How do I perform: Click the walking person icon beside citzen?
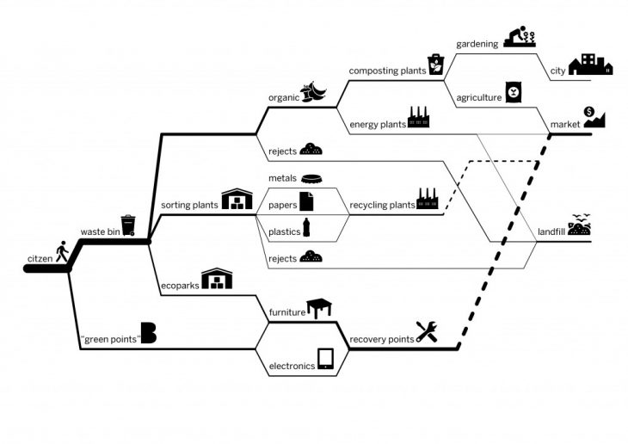pyautogui.click(x=61, y=253)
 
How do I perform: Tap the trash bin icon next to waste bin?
pyautogui.click(x=128, y=225)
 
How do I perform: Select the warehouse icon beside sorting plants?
pyautogui.click(x=237, y=200)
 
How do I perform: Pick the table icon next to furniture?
pyautogui.click(x=319, y=308)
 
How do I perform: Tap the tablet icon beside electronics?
pyautogui.click(x=326, y=359)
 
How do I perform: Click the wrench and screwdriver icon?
pyautogui.click(x=427, y=331)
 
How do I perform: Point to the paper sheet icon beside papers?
pyautogui.click(x=306, y=202)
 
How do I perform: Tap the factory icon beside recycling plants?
pyautogui.click(x=428, y=200)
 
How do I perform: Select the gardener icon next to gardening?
pyautogui.click(x=520, y=38)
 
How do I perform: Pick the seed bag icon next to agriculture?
pyautogui.click(x=514, y=92)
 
